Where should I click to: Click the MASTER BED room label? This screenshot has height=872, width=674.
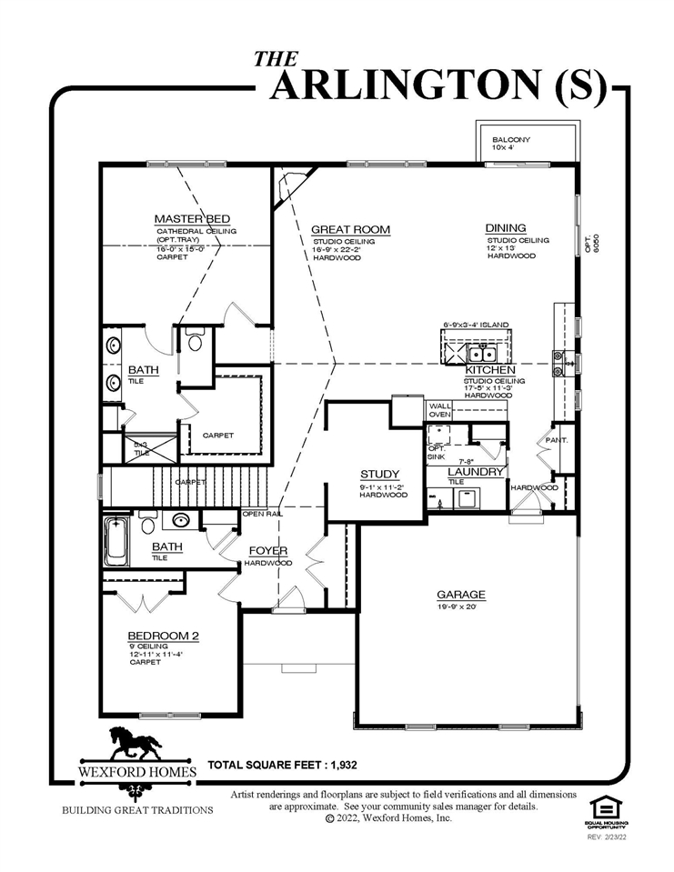click(x=191, y=219)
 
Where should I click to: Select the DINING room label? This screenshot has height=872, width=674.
click(x=506, y=228)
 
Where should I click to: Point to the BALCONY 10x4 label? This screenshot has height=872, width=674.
click(x=510, y=143)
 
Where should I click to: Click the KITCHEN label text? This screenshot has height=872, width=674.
click(x=490, y=371)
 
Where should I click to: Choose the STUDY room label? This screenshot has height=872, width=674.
click(x=379, y=475)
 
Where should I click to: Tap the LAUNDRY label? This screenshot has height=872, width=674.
click(x=475, y=473)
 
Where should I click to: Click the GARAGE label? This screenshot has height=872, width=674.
click(x=460, y=595)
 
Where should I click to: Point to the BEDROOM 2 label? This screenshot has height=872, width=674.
click(x=163, y=635)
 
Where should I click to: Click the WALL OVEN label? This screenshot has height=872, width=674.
click(x=440, y=410)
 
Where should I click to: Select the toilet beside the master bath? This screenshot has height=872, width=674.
click(x=196, y=341)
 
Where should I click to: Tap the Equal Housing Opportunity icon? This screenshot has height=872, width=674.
click(x=605, y=807)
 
